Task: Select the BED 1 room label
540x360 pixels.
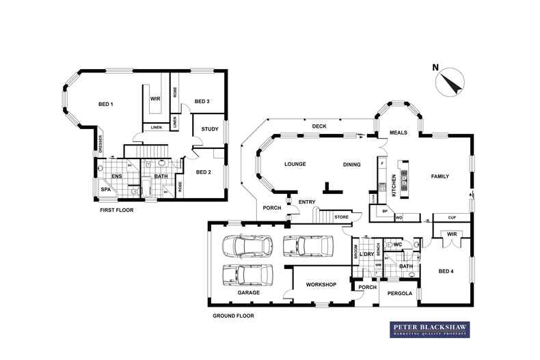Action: click(x=105, y=104)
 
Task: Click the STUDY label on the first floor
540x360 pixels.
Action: click(x=209, y=128)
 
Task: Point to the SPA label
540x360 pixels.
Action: click(x=106, y=190)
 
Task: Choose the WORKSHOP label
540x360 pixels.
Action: click(x=321, y=283)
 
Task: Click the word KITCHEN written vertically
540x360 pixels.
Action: click(x=394, y=184)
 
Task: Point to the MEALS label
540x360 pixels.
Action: click(x=399, y=133)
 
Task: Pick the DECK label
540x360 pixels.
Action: click(x=319, y=126)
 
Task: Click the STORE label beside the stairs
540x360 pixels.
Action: click(x=341, y=217)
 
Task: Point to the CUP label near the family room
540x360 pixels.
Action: click(x=451, y=218)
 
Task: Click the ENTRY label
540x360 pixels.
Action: click(x=307, y=202)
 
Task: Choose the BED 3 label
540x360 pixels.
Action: click(x=202, y=102)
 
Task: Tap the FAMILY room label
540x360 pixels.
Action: click(x=440, y=176)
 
